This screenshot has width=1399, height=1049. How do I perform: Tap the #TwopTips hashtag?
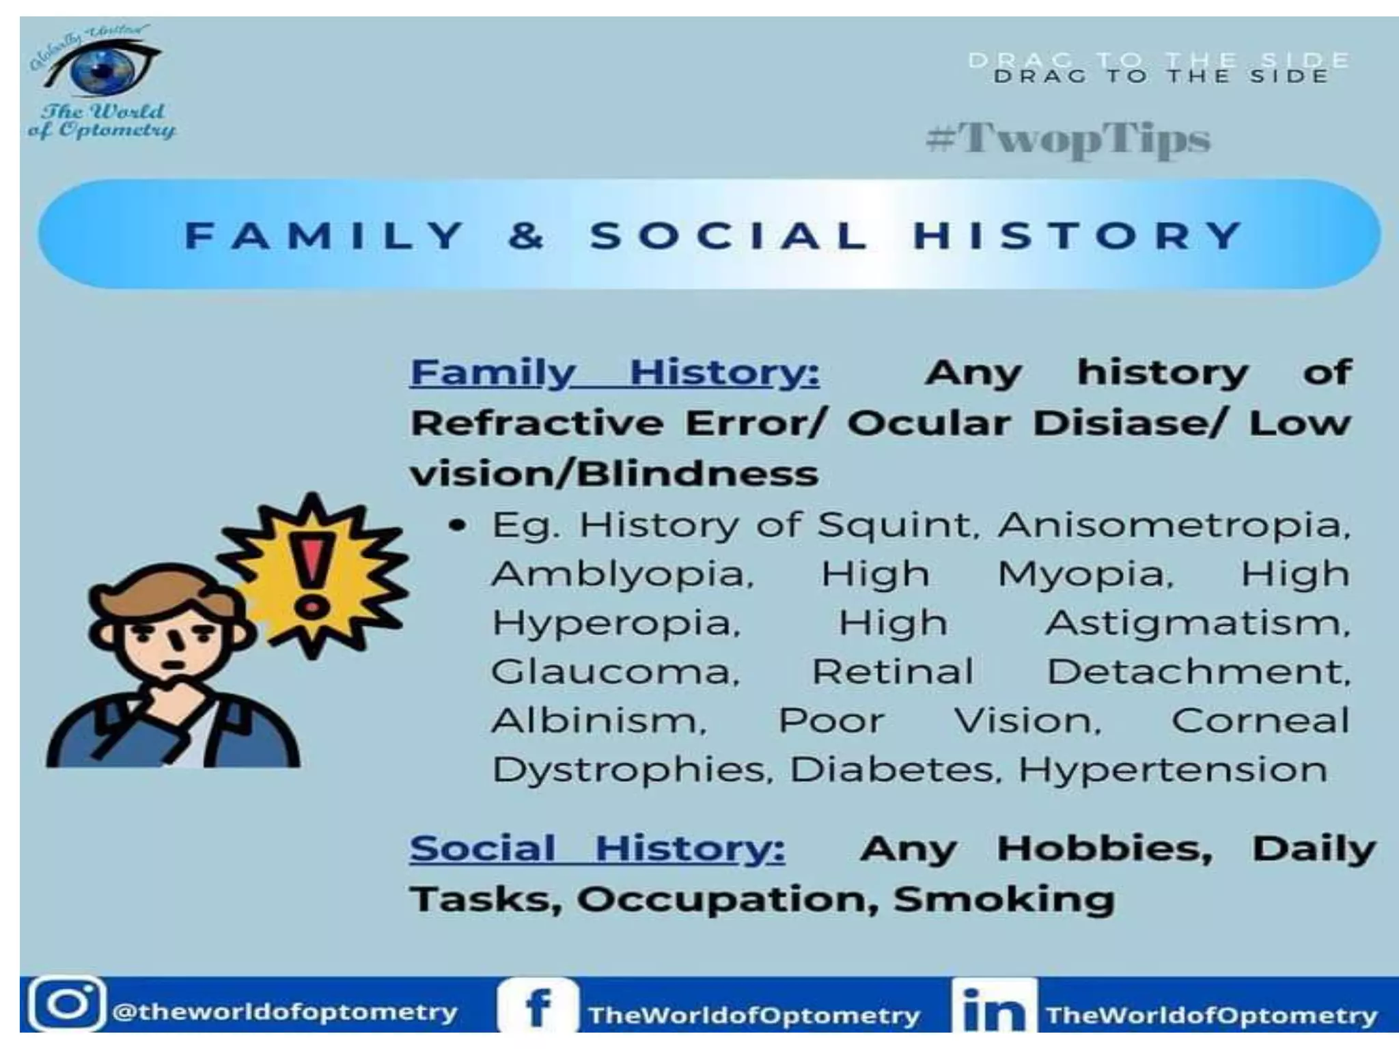1068,139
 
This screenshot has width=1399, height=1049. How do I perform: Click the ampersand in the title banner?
526,236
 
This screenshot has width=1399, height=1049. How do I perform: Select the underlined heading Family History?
614,373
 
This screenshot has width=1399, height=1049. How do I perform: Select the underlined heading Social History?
597,849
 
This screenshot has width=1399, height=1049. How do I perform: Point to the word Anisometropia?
1174,525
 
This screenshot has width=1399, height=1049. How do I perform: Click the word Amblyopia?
622,574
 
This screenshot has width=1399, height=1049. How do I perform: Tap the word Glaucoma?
615,672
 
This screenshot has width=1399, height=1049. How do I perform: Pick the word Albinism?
598,721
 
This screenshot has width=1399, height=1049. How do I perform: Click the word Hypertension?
1172,770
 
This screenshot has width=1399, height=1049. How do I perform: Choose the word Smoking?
1004,899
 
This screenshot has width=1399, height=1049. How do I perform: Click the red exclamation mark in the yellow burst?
313,574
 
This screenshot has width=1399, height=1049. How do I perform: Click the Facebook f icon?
538,1008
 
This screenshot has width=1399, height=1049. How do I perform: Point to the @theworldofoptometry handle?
284,1011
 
